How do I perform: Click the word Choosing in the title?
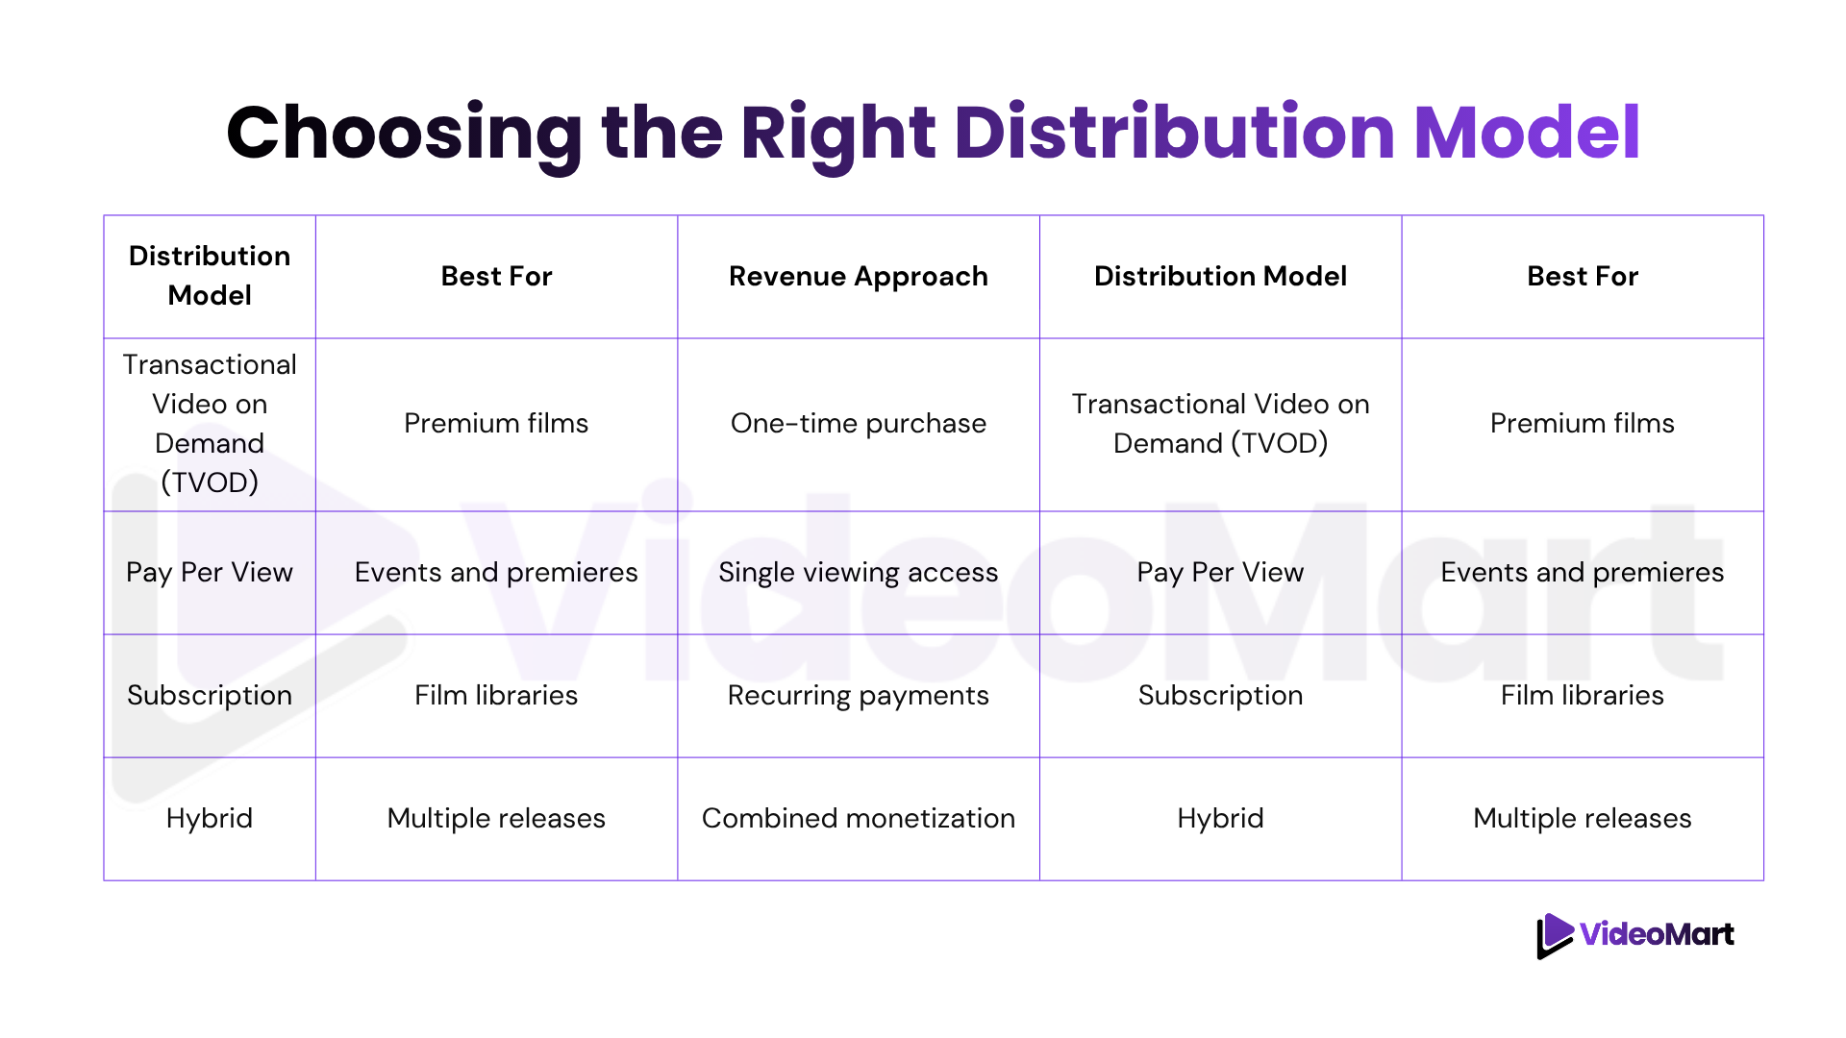coord(405,135)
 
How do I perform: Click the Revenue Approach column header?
coord(859,277)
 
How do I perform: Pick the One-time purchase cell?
coord(859,424)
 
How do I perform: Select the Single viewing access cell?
coord(859,573)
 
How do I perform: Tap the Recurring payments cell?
coord(859,696)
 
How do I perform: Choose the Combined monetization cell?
coord(859,818)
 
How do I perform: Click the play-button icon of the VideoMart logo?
coord(1554,935)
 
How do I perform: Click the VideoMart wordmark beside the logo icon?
coord(1658,934)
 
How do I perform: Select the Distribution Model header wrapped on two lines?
coord(210,276)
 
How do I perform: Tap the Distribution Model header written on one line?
coord(1220,277)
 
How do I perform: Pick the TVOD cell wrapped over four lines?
coord(210,424)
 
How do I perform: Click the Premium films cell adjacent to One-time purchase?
coord(496,424)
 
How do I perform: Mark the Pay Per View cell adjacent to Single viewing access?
coord(1220,573)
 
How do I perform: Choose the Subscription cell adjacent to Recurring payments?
coord(1220,696)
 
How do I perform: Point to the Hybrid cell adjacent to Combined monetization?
coord(1220,819)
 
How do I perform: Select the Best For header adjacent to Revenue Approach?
coord(496,277)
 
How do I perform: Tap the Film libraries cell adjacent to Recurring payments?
coord(496,696)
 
